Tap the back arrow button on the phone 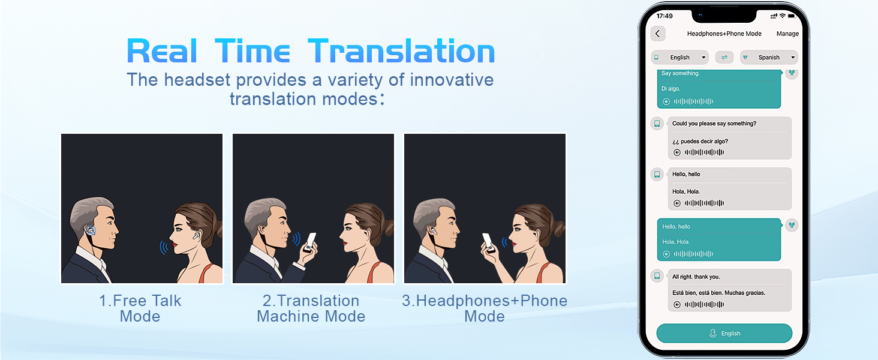658,34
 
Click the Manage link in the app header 787,34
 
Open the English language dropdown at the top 680,57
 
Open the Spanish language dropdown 769,57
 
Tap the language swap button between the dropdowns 724,57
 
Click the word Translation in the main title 401,52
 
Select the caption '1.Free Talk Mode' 140,308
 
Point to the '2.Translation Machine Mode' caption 311,308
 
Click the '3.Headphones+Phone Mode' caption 485,308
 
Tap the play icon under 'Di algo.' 666,101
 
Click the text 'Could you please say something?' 714,124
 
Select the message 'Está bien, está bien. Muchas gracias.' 718,293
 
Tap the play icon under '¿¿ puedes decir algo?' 677,152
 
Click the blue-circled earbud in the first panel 91,230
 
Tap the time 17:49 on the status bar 664,16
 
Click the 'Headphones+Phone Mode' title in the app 724,34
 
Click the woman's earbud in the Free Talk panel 196,235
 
